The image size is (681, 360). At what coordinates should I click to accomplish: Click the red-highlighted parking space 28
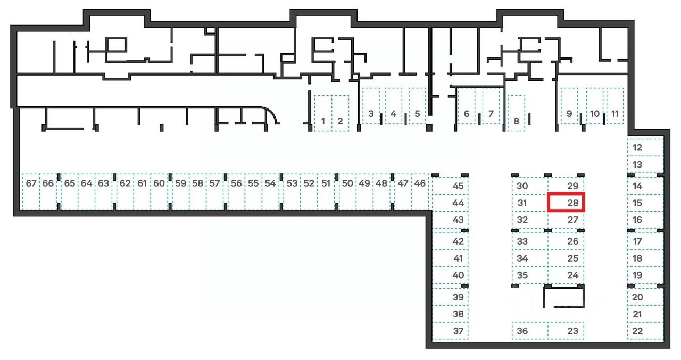(567, 203)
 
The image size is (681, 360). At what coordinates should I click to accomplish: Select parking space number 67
(31, 191)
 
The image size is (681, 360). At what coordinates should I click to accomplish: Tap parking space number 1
(323, 113)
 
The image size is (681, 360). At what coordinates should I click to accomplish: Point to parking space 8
(516, 113)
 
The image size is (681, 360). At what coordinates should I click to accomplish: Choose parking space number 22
(645, 331)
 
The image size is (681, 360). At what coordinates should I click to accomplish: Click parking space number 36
(529, 331)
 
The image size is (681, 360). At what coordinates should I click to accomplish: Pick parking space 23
(566, 331)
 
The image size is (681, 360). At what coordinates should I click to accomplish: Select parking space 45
(450, 186)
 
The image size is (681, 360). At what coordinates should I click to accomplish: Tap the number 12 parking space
(645, 147)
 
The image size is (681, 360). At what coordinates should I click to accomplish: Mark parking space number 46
(420, 191)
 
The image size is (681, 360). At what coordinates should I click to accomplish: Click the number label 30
(522, 186)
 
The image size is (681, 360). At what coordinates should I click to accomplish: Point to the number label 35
(522, 275)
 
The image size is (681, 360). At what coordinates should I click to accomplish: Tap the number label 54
(270, 183)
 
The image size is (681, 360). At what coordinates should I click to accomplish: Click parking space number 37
(450, 331)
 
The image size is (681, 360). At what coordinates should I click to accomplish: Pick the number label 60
(159, 183)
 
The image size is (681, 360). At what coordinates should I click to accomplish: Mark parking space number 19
(645, 275)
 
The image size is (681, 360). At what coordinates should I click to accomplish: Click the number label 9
(569, 113)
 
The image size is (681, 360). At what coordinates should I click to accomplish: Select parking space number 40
(450, 275)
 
